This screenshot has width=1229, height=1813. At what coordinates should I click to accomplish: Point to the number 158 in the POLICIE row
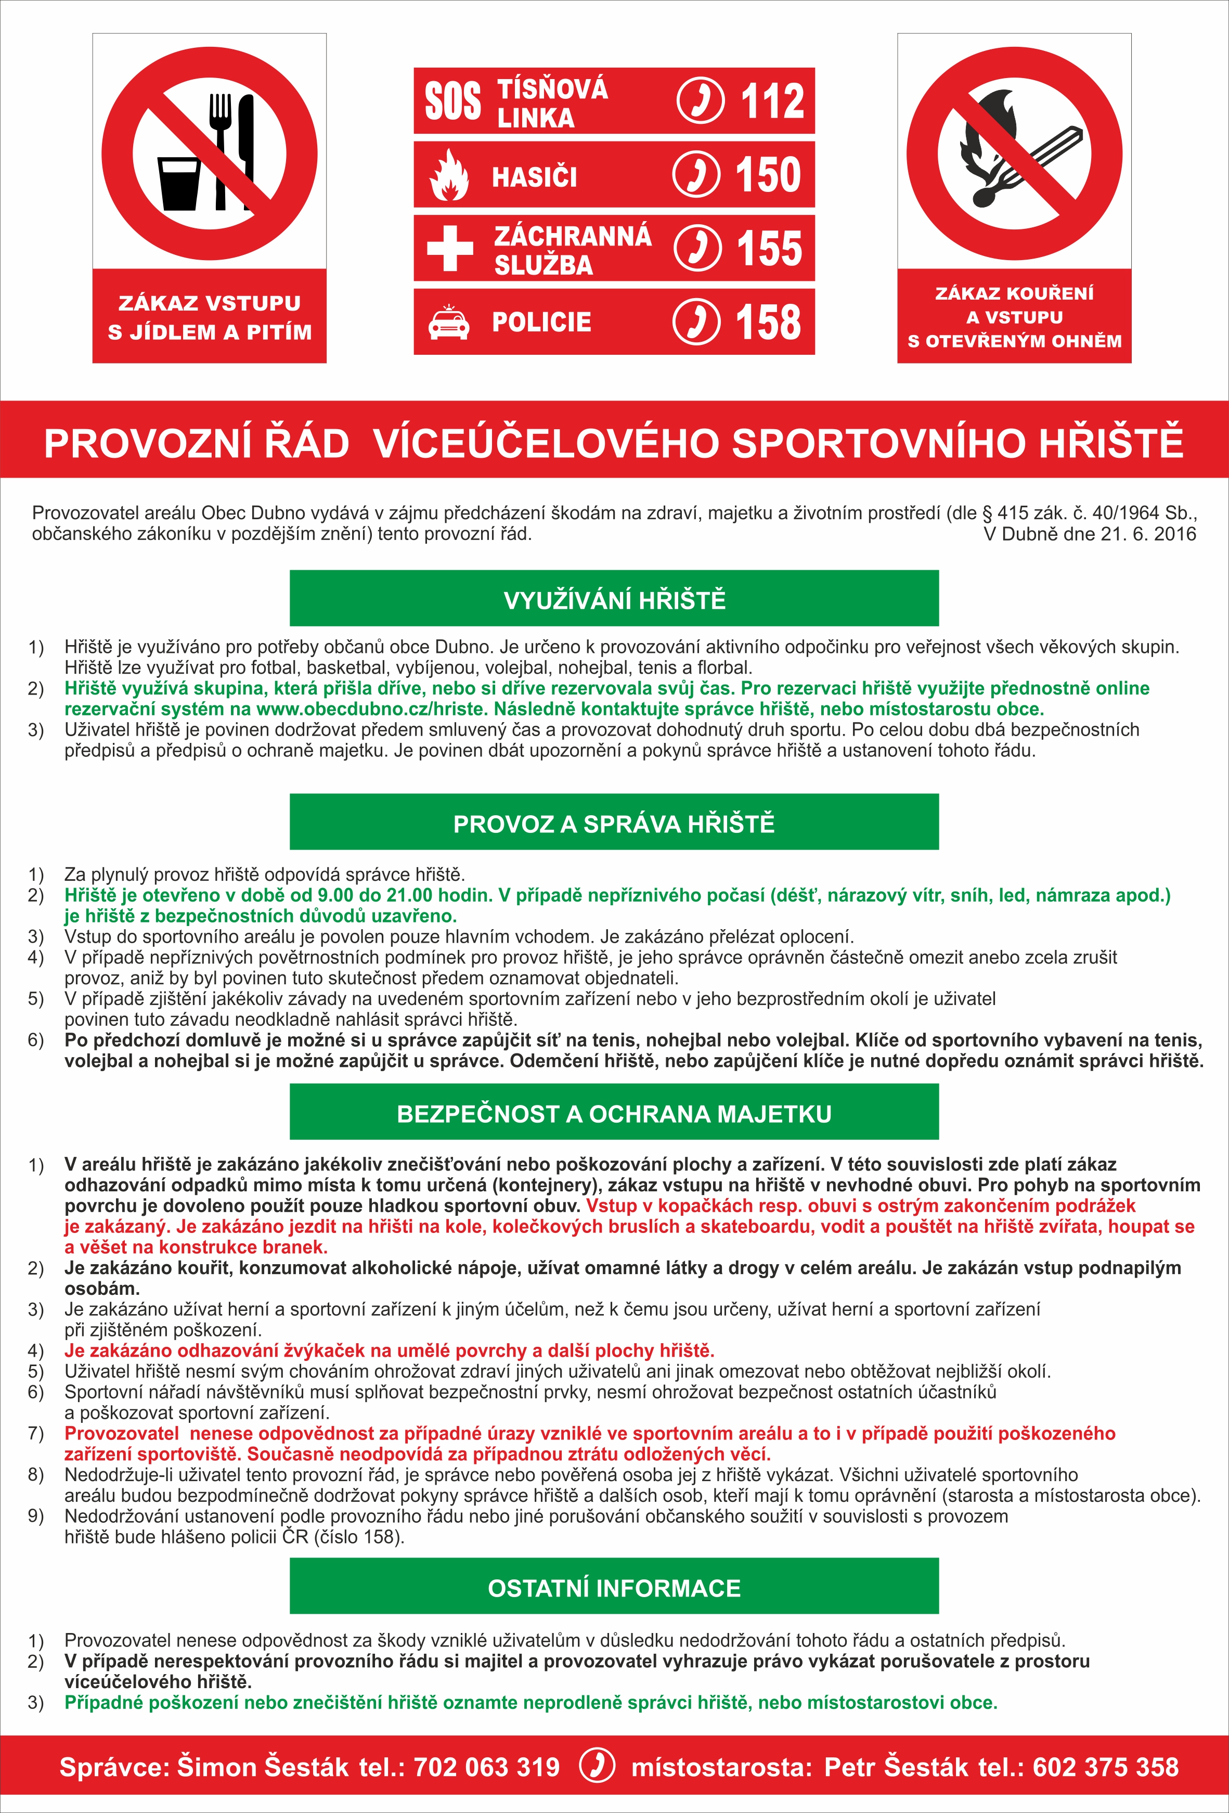click(768, 322)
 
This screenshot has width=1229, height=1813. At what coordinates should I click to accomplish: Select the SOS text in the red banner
click(452, 101)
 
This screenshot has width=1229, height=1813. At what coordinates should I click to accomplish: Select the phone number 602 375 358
click(1105, 1767)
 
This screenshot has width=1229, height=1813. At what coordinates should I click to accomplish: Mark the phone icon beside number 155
click(696, 248)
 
